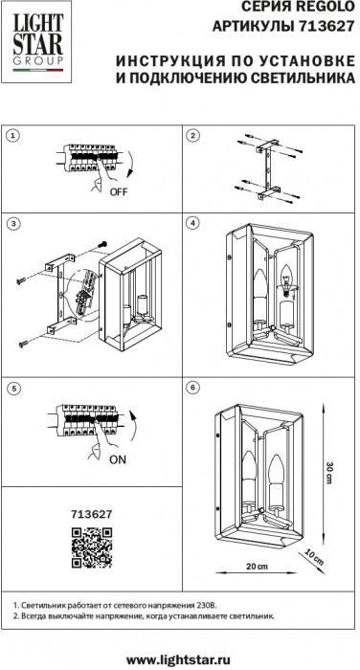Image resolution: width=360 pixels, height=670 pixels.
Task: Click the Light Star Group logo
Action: point(37,42)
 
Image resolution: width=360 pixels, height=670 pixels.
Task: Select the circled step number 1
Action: point(14,136)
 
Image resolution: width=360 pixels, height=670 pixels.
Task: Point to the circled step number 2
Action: point(192,136)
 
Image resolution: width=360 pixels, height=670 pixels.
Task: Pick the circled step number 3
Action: point(14,223)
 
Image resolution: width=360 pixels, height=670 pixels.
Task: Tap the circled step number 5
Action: point(14,389)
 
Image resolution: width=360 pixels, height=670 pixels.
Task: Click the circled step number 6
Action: point(192,387)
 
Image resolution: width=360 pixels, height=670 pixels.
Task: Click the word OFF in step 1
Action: point(119,191)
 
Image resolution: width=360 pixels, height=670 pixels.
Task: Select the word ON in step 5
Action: point(118,459)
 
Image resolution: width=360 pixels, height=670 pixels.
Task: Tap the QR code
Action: point(92,547)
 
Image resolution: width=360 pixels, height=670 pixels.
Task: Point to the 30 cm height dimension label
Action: point(328,472)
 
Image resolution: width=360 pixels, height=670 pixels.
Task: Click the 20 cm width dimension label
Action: point(257,567)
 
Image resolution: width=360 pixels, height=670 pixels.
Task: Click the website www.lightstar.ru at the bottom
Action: point(179,659)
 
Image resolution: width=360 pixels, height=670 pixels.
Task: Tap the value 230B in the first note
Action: point(208,606)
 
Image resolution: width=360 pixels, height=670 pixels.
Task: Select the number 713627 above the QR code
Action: point(92,514)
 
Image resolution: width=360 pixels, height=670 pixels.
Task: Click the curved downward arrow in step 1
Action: point(130,166)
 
